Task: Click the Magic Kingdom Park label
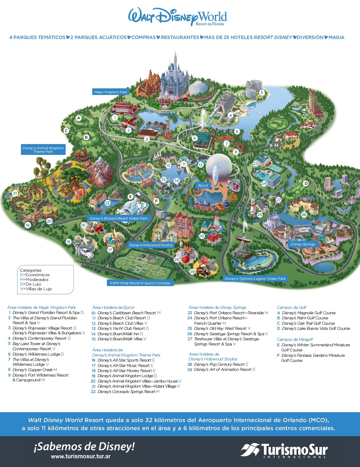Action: pyautogui.click(x=111, y=92)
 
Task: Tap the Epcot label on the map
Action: pyautogui.click(x=203, y=185)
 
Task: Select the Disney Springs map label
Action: pyautogui.click(x=303, y=244)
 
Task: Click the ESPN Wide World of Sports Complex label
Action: pyautogui.click(x=140, y=283)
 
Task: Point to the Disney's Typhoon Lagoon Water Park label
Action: pyautogui.click(x=255, y=279)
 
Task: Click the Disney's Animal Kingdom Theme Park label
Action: pyautogui.click(x=43, y=150)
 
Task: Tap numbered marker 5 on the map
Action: pyautogui.click(x=261, y=93)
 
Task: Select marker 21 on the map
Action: pyautogui.click(x=15, y=194)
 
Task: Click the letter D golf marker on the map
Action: pyautogui.click(x=306, y=183)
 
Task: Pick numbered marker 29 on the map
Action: pyautogui.click(x=192, y=272)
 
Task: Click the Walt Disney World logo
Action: pyautogui.click(x=177, y=17)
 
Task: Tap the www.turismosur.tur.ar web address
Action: pyautogui.click(x=81, y=457)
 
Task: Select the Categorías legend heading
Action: pyautogui.click(x=31, y=270)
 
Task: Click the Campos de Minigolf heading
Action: pyautogui.click(x=295, y=339)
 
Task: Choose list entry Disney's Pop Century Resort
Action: pyautogui.click(x=219, y=364)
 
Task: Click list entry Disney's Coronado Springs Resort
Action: pyautogui.click(x=126, y=392)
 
